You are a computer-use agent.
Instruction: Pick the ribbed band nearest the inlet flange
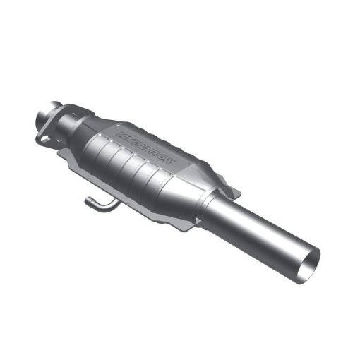coord(97,150)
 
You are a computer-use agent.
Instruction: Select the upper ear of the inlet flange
coord(60,108)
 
